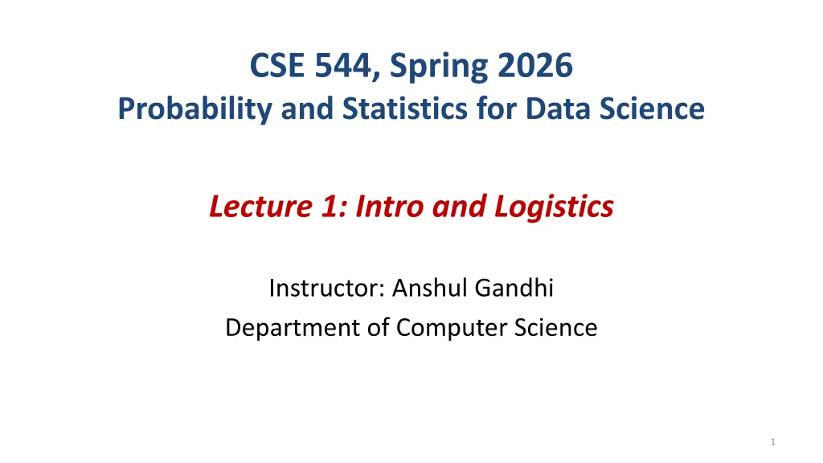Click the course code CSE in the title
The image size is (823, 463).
coord(277,66)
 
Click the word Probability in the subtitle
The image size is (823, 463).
coord(194,109)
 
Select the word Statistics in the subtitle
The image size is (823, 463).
coord(405,109)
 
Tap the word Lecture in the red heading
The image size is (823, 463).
coord(261,206)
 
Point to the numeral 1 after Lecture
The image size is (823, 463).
coord(330,206)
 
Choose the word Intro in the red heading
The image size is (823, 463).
coord(390,206)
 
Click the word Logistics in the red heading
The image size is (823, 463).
coord(554,207)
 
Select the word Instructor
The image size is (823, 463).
coord(328,288)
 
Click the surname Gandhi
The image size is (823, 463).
coord(514,288)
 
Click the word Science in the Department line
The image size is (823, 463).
coord(555,328)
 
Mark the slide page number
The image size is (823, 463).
coord(772,442)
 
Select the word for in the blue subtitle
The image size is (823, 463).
coord(497,109)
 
